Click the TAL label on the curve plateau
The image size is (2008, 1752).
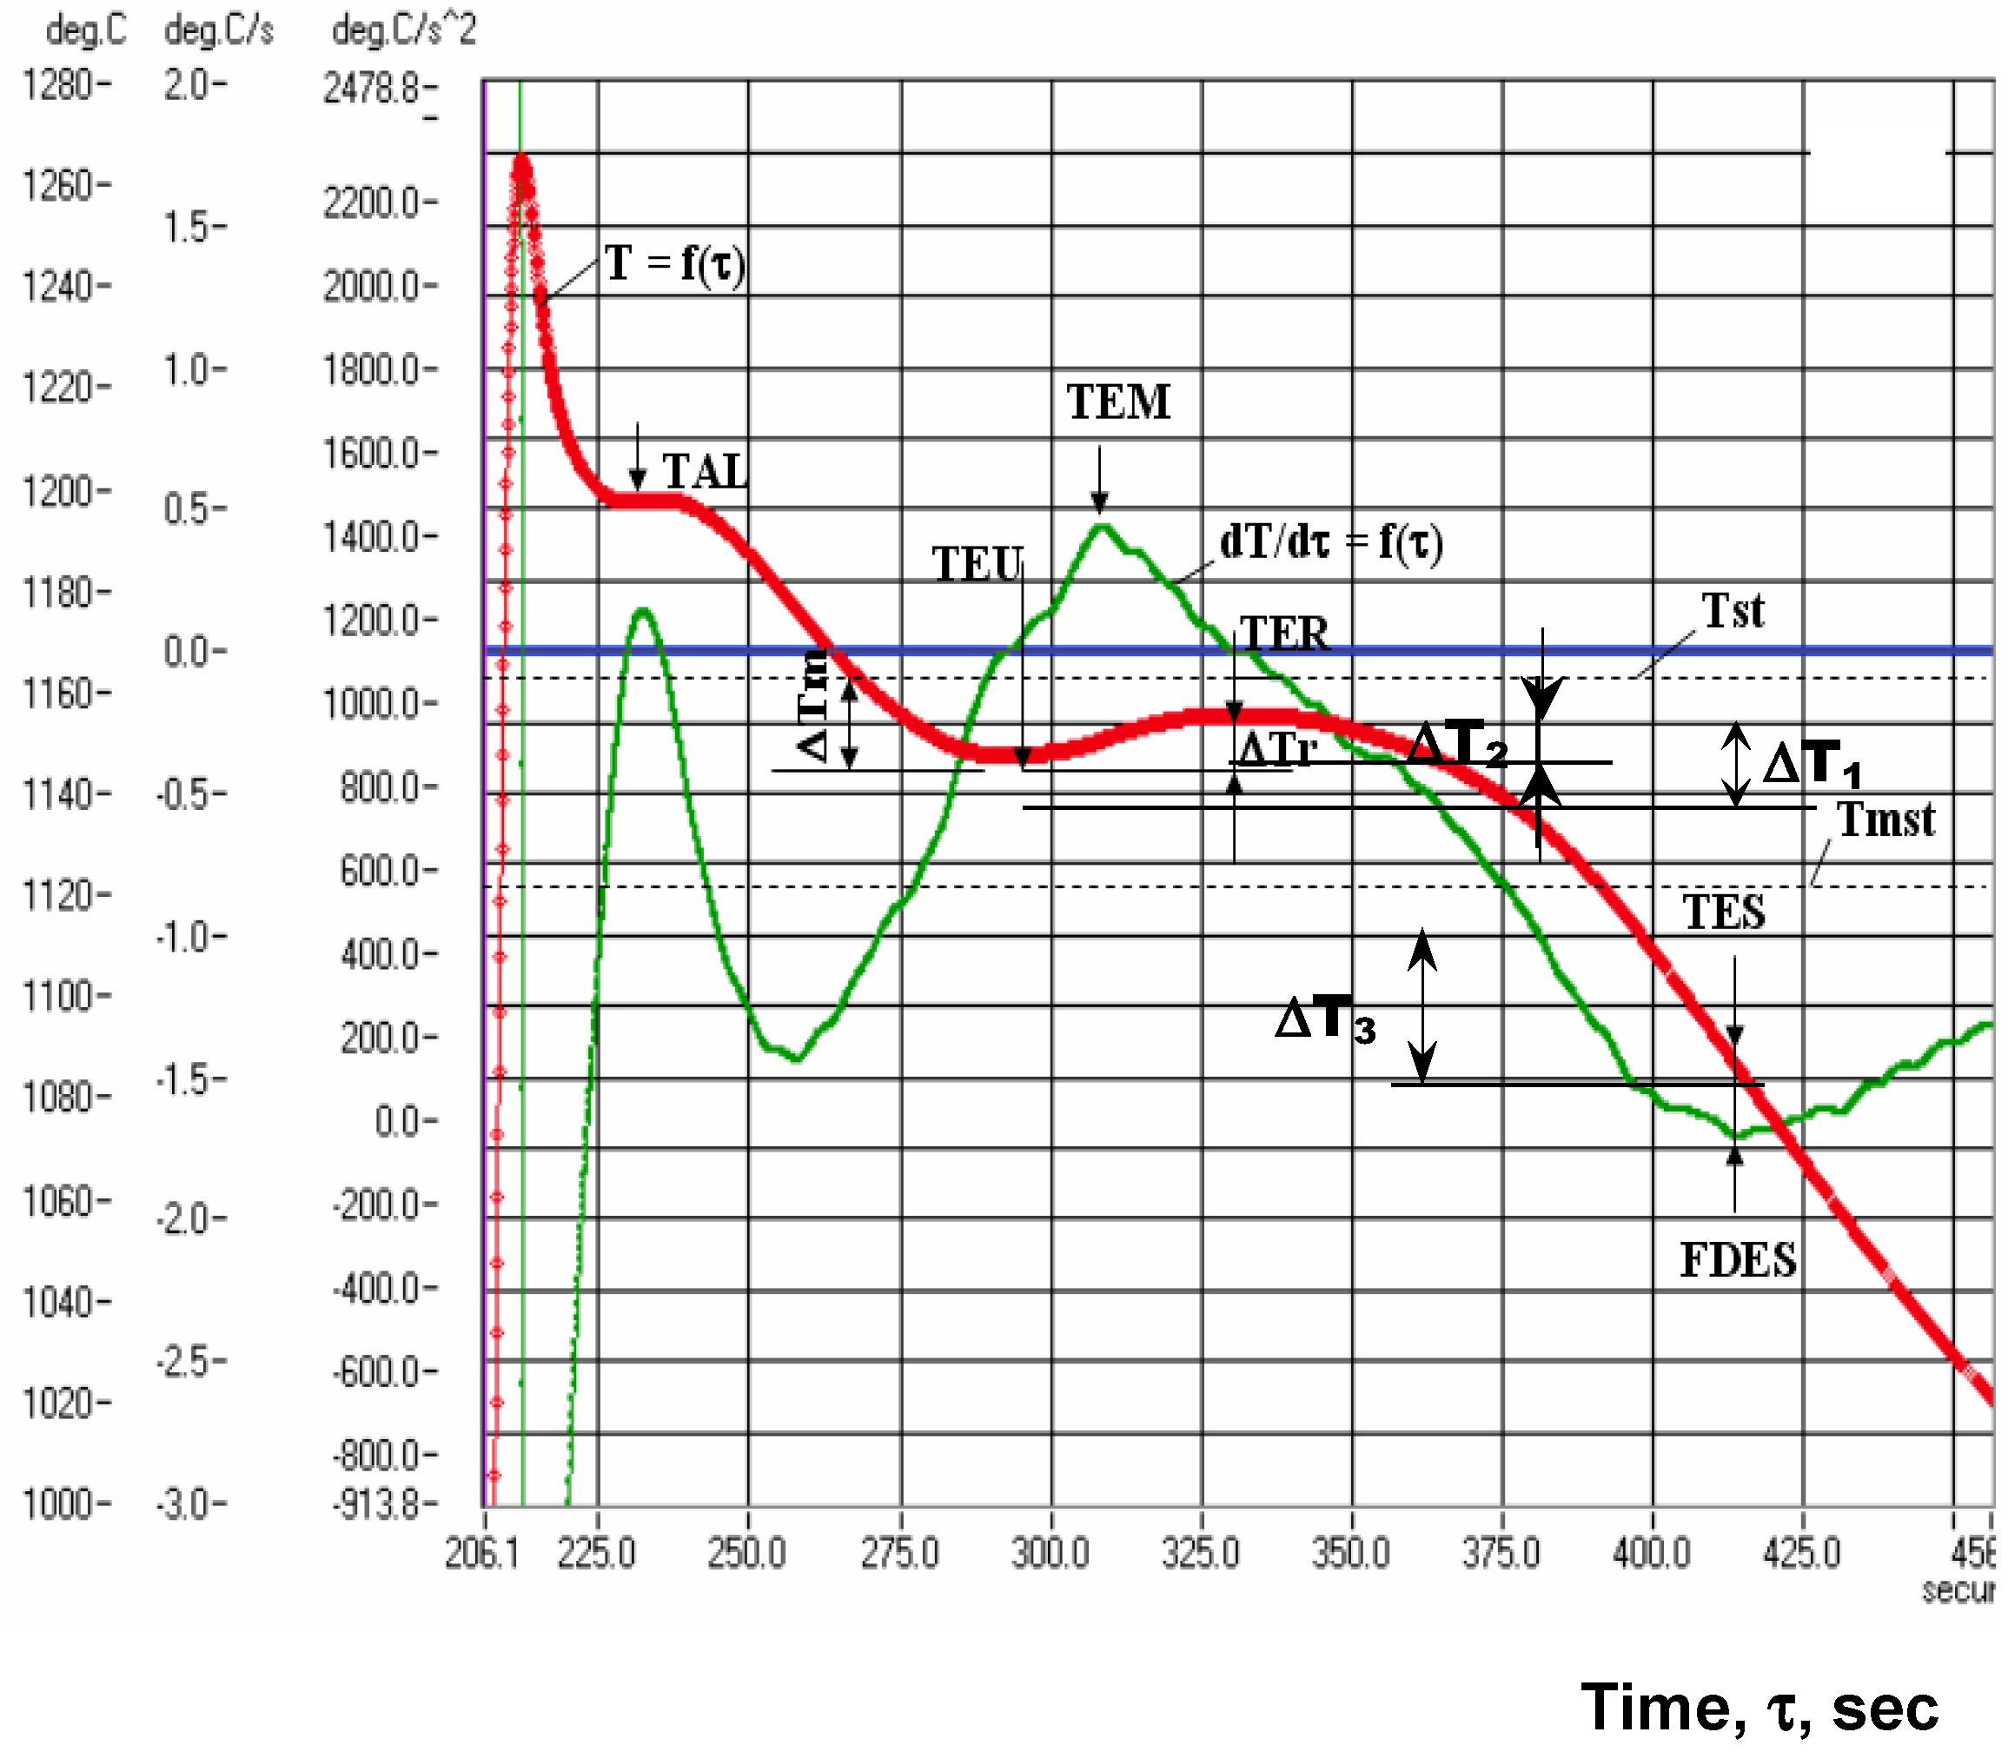705,472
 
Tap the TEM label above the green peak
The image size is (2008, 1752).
1117,401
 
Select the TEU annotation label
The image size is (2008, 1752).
977,564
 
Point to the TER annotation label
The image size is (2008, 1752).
1284,634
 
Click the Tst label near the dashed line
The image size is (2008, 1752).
1733,611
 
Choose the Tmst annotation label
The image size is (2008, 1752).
1885,820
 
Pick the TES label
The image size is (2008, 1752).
1724,912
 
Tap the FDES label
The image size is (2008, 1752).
1737,1259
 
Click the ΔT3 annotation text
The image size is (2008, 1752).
1326,1019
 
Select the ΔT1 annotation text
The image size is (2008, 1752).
1812,764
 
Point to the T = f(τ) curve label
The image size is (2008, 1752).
674,263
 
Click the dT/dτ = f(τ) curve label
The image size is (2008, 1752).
1330,541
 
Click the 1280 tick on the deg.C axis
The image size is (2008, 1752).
60,85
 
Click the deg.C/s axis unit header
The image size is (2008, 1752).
219,30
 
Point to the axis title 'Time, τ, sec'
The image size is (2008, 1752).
1759,1707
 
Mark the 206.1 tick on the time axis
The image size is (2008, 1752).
482,1551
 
